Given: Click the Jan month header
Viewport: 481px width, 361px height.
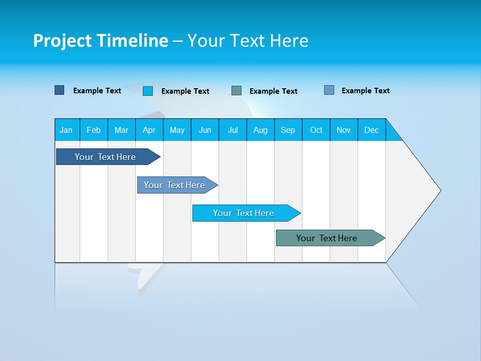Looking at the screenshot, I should [x=67, y=130].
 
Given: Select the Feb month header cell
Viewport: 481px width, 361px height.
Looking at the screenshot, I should [x=94, y=130].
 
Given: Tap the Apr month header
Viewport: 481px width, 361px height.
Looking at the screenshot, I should [x=149, y=130].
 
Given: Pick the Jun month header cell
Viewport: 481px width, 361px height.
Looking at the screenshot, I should [x=205, y=130].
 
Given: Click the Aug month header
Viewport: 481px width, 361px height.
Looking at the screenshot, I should [x=261, y=130].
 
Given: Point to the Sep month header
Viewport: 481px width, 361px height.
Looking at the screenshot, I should [x=288, y=130].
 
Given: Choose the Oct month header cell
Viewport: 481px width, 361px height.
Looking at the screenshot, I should [x=316, y=130].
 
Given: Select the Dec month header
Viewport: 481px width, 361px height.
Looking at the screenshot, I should [x=372, y=130].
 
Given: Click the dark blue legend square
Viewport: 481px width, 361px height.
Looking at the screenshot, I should [x=59, y=90].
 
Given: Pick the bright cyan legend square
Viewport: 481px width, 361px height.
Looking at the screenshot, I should [x=148, y=91].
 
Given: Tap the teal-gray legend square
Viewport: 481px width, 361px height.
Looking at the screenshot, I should [x=236, y=91].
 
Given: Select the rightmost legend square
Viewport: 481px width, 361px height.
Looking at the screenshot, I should [x=329, y=90].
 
